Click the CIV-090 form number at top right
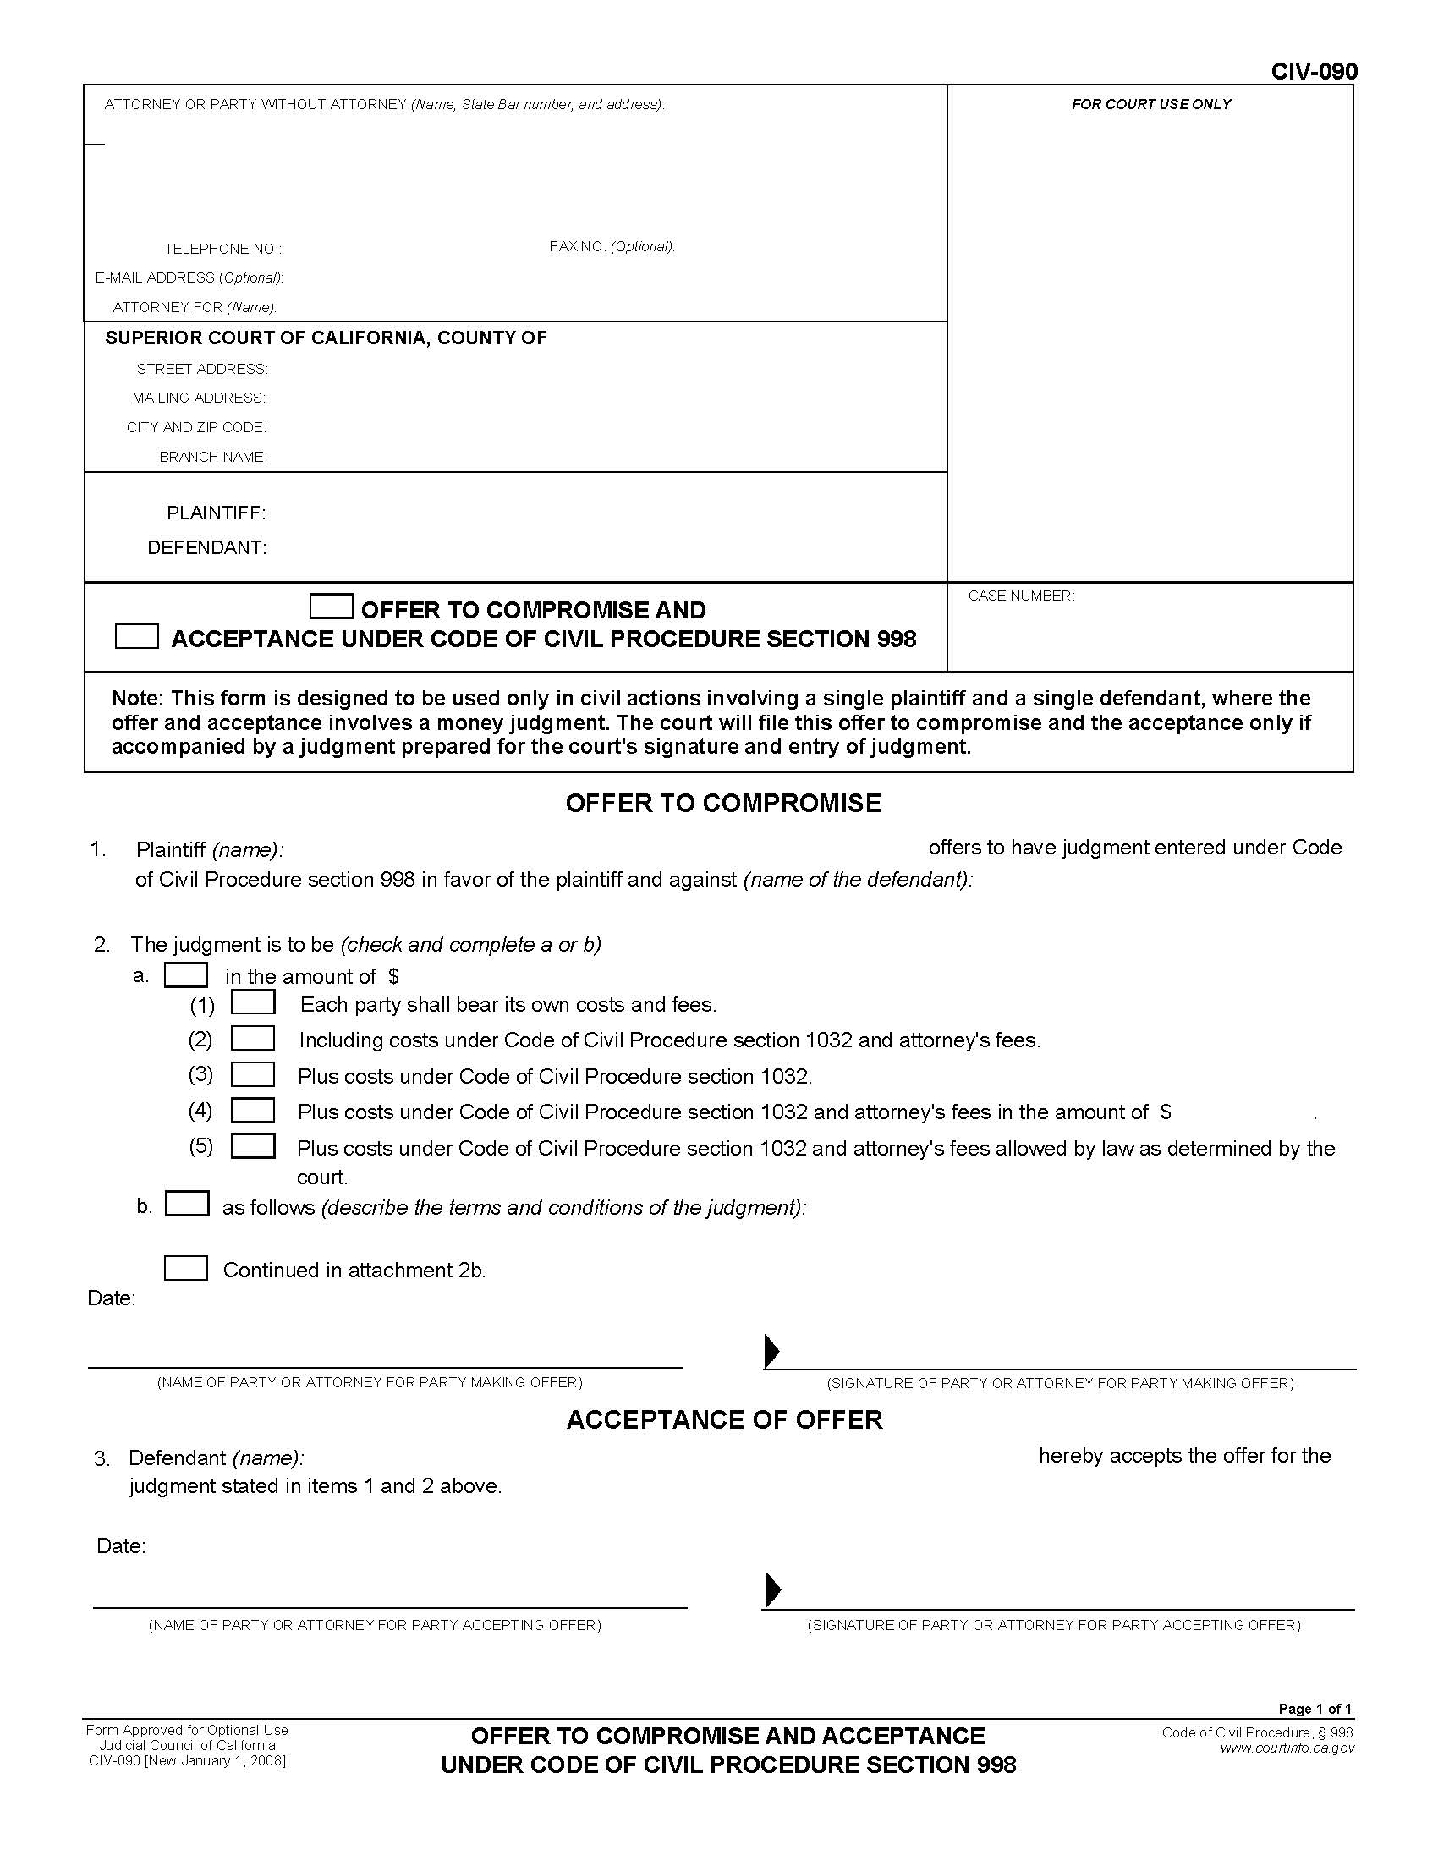tap(1314, 72)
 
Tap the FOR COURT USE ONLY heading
tap(1151, 104)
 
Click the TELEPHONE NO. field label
tap(222, 249)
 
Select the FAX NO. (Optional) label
tap(612, 246)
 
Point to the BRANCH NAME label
tap(213, 457)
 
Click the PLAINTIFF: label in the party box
tap(217, 513)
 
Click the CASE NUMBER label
tap(1021, 596)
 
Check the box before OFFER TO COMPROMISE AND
tap(332, 607)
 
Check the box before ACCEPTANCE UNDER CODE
tap(136, 636)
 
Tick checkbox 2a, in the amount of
tap(186, 974)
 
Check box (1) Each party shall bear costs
tap(253, 1002)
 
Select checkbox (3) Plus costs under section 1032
tap(253, 1074)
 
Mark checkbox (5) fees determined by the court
tap(253, 1146)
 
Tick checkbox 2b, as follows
tap(187, 1203)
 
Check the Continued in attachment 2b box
tap(186, 1269)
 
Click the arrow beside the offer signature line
tap(771, 1351)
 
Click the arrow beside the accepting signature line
tap(772, 1589)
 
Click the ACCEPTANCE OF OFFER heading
tap(724, 1419)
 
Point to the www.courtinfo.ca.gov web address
tap(1287, 1748)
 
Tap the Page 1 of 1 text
tap(1315, 1709)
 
